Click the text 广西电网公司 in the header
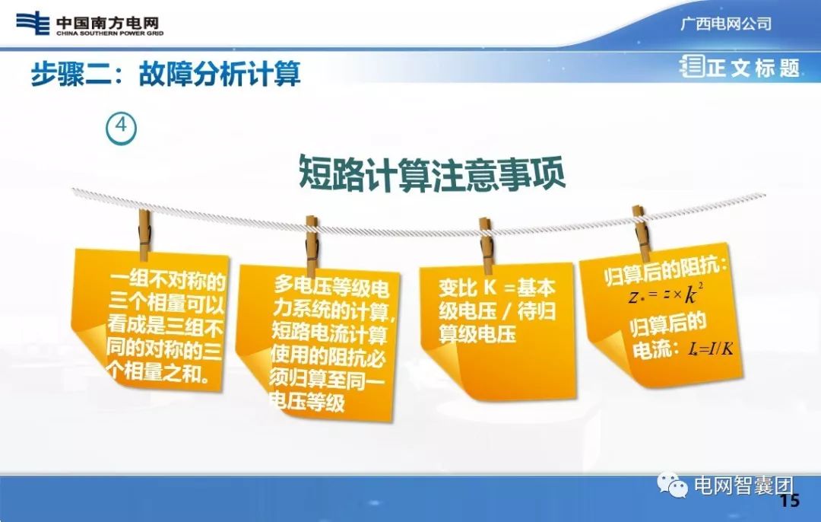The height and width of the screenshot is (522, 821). click(725, 24)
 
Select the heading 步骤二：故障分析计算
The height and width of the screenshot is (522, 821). click(166, 74)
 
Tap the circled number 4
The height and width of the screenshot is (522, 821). click(121, 129)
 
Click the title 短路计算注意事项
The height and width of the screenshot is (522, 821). click(431, 173)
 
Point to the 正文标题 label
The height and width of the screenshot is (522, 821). click(753, 68)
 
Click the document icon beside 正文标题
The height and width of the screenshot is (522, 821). click(692, 67)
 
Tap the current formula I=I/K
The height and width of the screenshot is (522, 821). click(711, 349)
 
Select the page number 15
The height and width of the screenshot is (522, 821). click(790, 501)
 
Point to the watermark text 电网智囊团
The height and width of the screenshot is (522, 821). click(734, 485)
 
